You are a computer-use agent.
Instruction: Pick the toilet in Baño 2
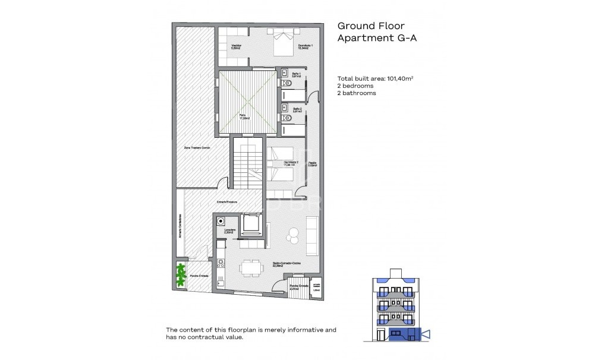tap(287, 118)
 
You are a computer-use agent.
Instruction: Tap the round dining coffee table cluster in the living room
tap(292, 236)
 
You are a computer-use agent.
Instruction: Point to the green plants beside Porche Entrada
tap(180, 276)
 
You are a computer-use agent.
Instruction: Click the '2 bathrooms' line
tap(357, 93)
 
